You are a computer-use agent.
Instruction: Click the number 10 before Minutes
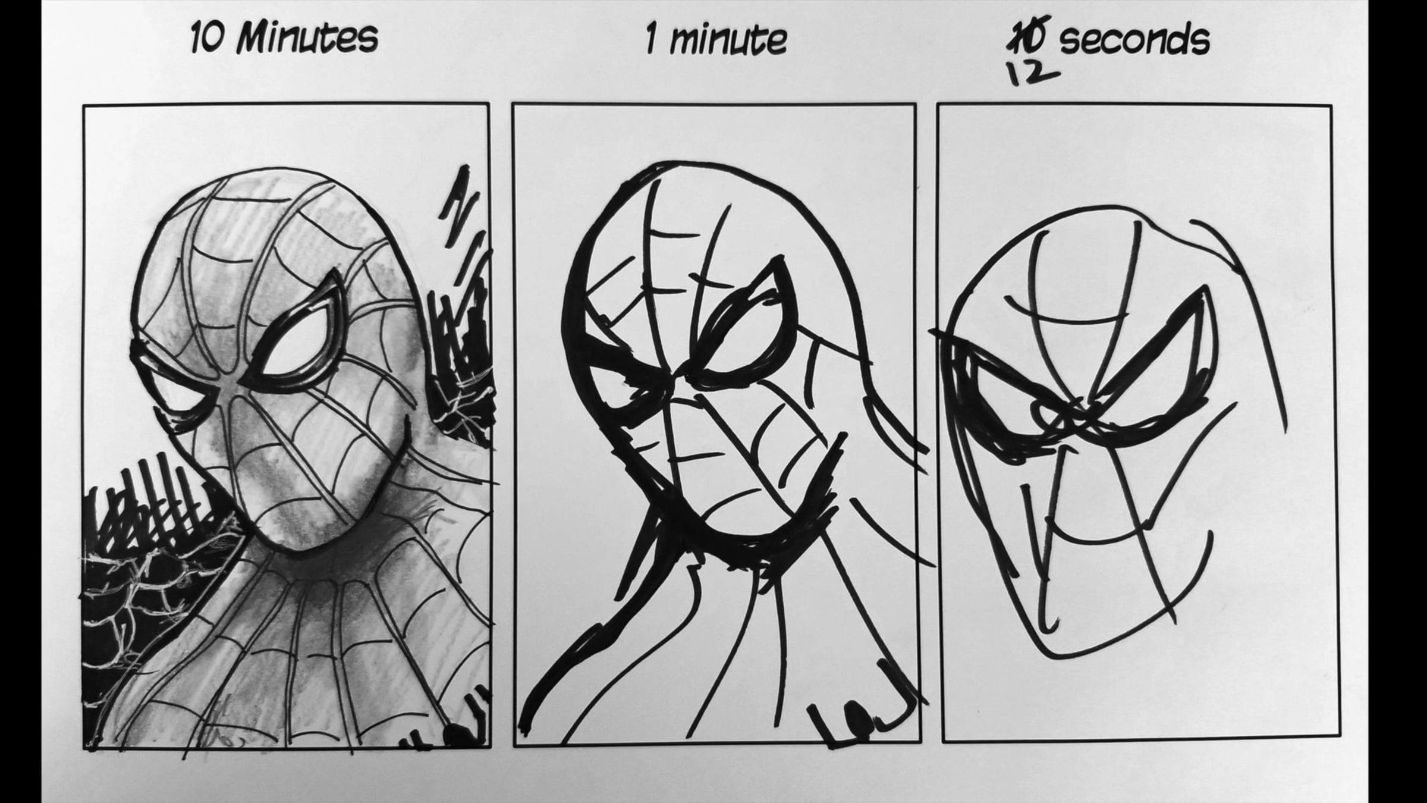[207, 37]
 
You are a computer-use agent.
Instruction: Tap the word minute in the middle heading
[728, 39]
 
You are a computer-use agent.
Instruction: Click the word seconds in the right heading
[1135, 40]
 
